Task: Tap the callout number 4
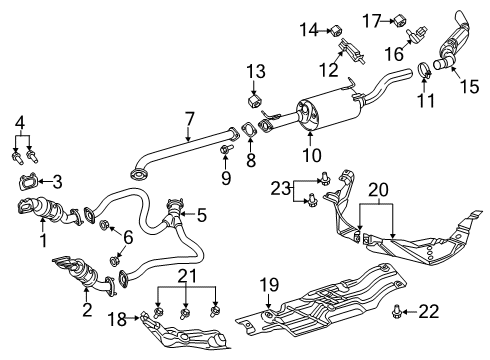[x=19, y=123]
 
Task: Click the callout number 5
[x=203, y=213]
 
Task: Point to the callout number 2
[x=88, y=310]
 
